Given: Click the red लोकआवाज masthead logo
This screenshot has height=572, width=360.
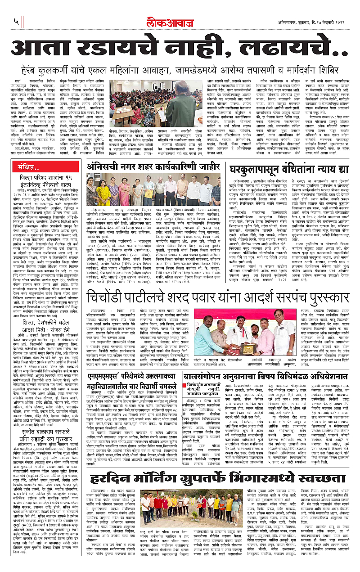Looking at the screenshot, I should click(x=180, y=21).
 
